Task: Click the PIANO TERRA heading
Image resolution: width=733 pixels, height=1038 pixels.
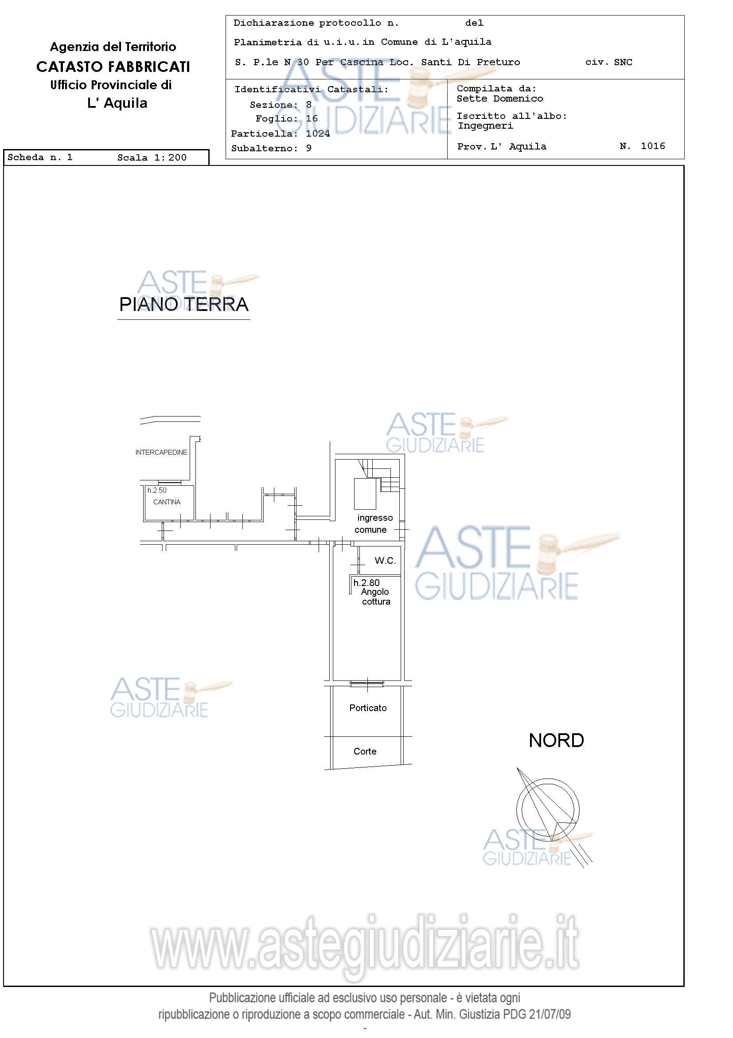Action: pyautogui.click(x=183, y=304)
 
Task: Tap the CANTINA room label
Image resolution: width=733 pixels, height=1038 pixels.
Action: pyautogui.click(x=167, y=502)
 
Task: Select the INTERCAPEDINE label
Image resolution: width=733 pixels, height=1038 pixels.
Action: pyautogui.click(x=161, y=452)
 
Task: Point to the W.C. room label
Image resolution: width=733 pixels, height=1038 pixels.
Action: pyautogui.click(x=385, y=561)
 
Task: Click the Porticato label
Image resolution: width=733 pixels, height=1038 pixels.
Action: pyautogui.click(x=368, y=708)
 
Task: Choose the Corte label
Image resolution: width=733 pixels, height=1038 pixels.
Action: pyautogui.click(x=365, y=751)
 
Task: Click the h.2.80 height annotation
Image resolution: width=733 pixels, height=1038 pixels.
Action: pyautogui.click(x=366, y=583)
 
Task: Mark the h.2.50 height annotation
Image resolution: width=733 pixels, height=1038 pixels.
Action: pyautogui.click(x=157, y=490)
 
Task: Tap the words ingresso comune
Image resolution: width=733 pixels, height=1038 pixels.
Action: pyautogui.click(x=373, y=523)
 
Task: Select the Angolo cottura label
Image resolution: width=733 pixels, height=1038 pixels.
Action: pyautogui.click(x=376, y=597)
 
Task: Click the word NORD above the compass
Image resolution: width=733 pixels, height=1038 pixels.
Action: pyautogui.click(x=556, y=740)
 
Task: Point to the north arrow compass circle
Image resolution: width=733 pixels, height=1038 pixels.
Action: pyautogui.click(x=547, y=809)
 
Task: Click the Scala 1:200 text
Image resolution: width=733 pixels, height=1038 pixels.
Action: pyautogui.click(x=152, y=158)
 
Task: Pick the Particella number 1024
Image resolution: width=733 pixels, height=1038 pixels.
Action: pyautogui.click(x=317, y=134)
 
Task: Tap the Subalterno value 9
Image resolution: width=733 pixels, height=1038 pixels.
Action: pyautogui.click(x=309, y=148)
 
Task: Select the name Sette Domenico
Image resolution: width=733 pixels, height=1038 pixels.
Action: pyautogui.click(x=499, y=98)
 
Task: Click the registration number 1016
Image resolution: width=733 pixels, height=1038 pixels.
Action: pyautogui.click(x=653, y=146)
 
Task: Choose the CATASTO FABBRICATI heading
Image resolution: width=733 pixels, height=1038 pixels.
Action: pyautogui.click(x=113, y=67)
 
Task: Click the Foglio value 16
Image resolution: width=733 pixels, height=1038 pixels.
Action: pyautogui.click(x=312, y=119)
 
